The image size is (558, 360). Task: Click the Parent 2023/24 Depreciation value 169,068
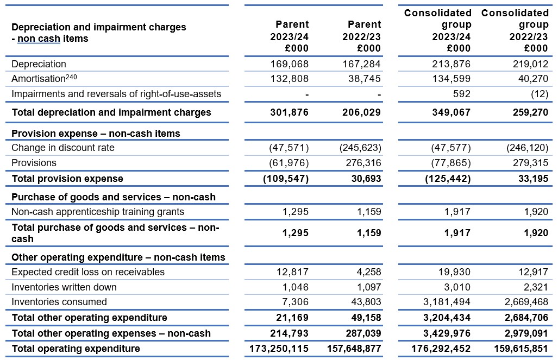(289, 64)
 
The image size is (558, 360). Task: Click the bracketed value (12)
(539, 94)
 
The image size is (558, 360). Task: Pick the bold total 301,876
(289, 112)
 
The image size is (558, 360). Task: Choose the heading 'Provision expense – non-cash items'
(96, 134)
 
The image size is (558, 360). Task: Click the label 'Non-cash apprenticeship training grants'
(98, 212)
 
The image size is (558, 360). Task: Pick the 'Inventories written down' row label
(64, 287)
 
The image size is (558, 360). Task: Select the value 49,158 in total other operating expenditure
(366, 318)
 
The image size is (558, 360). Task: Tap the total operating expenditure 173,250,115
(279, 349)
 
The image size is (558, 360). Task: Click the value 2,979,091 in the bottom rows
(526, 333)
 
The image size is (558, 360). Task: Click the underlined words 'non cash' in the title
(39, 39)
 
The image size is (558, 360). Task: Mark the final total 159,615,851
(521, 349)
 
